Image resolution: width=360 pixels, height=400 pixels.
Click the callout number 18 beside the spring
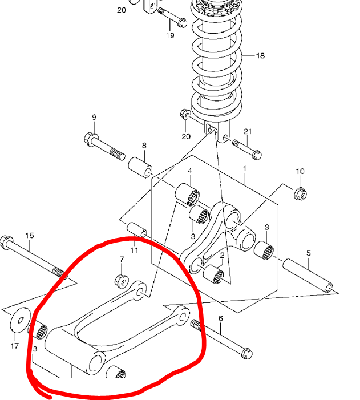tap(260, 55)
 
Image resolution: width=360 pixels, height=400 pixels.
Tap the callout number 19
tap(170, 35)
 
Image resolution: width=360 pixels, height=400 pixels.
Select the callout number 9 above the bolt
tap(94, 118)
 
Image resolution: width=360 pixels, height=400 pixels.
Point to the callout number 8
tap(144, 146)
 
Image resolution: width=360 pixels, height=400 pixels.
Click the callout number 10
tap(300, 171)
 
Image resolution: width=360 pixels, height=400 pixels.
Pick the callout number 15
tap(30, 236)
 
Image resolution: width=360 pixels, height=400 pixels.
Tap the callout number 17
tap(14, 346)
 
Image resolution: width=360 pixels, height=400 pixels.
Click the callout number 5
tap(309, 253)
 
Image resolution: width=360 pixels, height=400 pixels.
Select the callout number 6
tap(220, 318)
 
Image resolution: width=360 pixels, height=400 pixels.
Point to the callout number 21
tap(248, 132)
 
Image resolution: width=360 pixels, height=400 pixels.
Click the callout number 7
tap(122, 260)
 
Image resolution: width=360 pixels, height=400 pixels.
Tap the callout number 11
tap(134, 250)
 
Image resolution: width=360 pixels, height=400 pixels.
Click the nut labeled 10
tap(301, 194)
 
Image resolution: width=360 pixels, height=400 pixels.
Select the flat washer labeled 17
tap(21, 320)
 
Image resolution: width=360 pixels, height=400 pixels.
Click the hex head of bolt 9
tap(91, 139)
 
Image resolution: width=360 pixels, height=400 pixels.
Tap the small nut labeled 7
tap(122, 281)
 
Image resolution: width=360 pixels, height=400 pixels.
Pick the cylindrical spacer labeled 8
tap(140, 168)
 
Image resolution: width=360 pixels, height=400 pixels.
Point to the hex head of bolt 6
tap(246, 353)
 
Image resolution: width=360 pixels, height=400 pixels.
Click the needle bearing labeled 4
tap(187, 194)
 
